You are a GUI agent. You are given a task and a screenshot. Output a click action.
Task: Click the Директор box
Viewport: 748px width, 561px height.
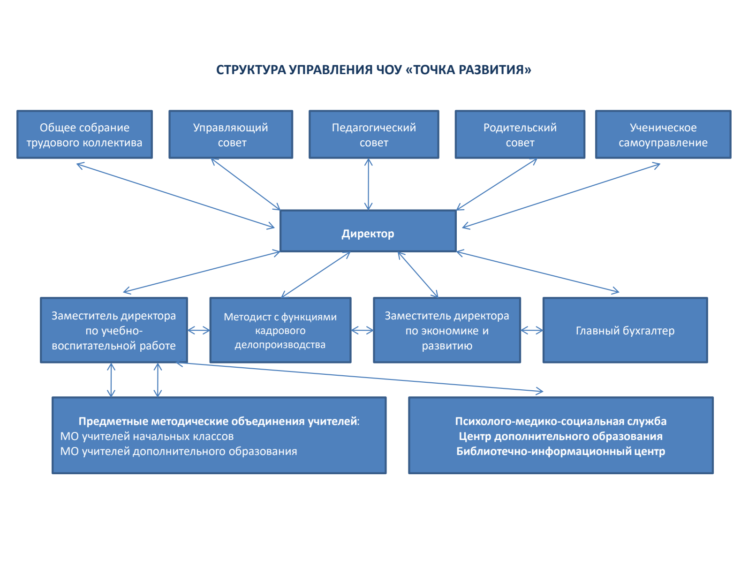click(368, 231)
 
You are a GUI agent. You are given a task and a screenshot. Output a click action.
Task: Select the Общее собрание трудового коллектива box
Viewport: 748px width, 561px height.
click(84, 135)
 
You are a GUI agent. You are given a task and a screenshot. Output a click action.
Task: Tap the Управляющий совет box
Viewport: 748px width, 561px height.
click(231, 135)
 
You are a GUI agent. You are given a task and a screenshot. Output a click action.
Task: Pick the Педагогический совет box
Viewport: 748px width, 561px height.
click(374, 135)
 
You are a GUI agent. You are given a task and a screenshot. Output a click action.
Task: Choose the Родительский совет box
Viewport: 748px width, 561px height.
click(520, 135)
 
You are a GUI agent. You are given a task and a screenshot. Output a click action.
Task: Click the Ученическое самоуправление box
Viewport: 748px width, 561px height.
click(663, 135)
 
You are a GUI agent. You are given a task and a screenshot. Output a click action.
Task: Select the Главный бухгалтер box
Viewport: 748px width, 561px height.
click(625, 330)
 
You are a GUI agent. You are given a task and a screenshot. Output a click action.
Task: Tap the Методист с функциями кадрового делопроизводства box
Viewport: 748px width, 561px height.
click(280, 330)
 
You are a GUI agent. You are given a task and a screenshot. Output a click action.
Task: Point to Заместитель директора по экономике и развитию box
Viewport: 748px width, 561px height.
click(446, 330)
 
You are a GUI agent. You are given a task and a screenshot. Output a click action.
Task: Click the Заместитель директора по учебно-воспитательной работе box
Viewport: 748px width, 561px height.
click(113, 330)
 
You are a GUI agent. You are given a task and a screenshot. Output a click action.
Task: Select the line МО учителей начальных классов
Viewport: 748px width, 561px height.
click(147, 436)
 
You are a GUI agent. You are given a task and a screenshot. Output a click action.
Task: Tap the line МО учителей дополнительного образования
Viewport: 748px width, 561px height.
click(179, 451)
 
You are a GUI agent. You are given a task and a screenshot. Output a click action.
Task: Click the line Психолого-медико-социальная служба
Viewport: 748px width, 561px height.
click(560, 421)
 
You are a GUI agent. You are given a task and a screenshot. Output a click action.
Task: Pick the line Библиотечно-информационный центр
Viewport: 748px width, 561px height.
click(560, 451)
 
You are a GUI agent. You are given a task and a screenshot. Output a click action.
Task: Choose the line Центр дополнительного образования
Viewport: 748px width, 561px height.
click(560, 436)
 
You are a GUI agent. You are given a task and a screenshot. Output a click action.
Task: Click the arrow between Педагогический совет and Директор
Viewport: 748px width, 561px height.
click(369, 184)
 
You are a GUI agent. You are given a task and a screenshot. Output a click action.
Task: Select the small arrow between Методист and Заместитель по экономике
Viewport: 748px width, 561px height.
click(362, 330)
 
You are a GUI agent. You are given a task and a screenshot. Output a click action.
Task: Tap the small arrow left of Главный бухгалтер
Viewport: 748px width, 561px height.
click(531, 330)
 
